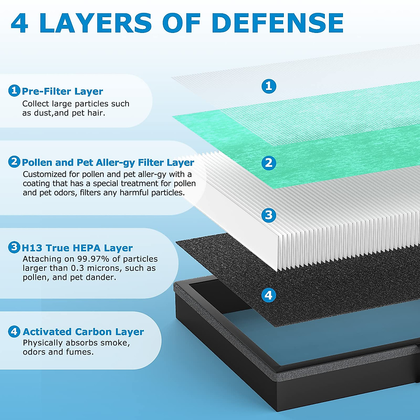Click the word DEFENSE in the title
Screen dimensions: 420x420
[277, 23]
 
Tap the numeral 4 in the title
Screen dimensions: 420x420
[20, 23]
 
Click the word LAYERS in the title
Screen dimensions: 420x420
[95, 23]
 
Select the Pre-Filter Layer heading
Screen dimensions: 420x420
[62, 91]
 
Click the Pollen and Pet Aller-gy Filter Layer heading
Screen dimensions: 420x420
[108, 162]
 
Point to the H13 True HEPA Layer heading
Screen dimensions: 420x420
[77, 248]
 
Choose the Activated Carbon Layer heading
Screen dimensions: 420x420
[83, 331]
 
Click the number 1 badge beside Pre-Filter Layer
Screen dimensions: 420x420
[14, 91]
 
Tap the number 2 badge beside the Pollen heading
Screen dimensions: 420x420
[14, 162]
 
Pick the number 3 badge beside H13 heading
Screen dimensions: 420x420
[14, 247]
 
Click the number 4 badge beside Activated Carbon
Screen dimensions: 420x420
[14, 331]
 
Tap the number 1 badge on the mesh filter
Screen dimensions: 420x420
[269, 86]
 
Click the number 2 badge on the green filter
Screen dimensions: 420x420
[269, 163]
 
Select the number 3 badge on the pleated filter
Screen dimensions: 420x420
[269, 215]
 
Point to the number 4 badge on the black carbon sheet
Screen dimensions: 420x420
[268, 295]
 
